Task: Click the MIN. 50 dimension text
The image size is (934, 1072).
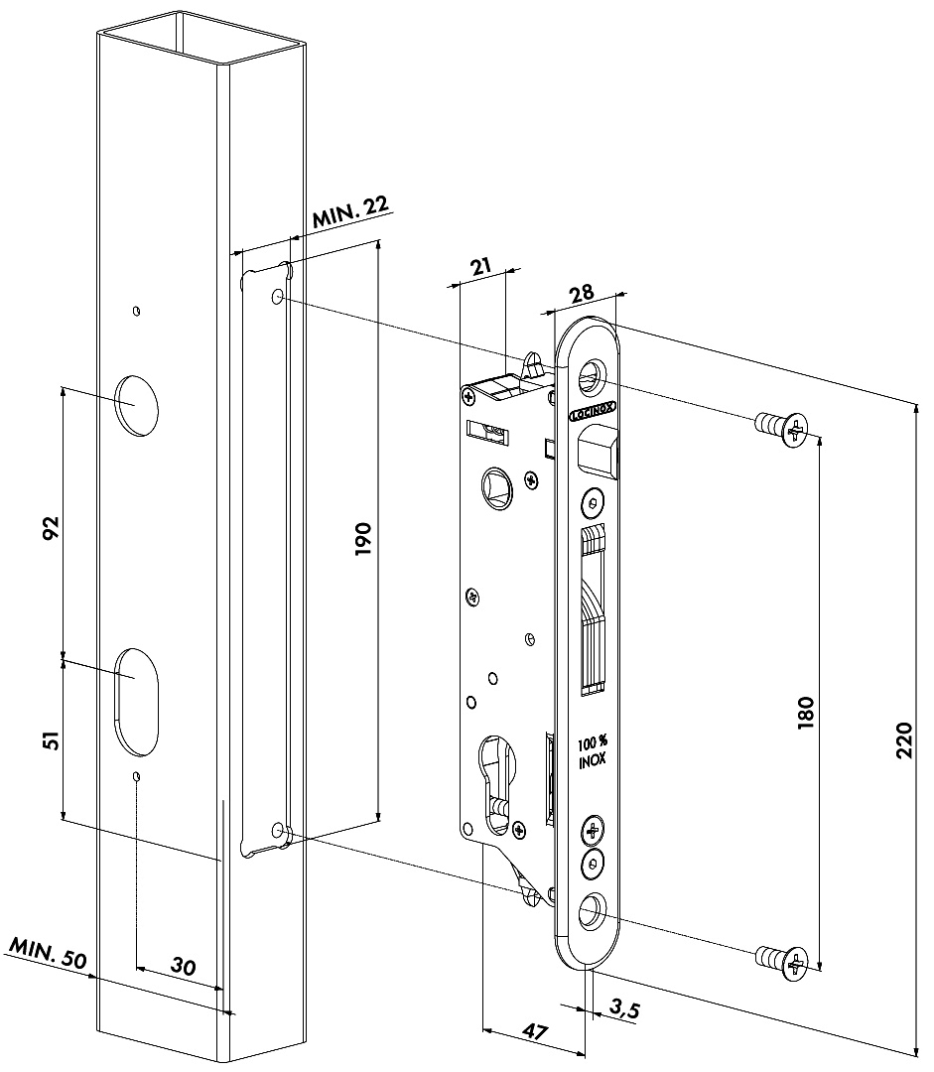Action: tap(49, 959)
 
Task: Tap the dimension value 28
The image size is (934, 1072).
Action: tap(581, 292)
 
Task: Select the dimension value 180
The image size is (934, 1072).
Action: tap(805, 714)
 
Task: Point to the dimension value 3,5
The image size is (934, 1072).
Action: tap(623, 1011)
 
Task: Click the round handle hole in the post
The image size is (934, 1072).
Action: tap(137, 402)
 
